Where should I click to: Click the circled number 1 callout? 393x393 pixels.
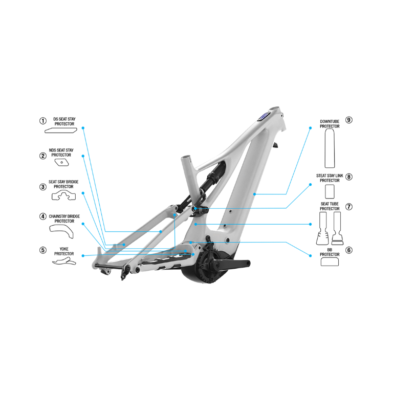tap(43, 121)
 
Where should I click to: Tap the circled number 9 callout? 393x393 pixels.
tap(349, 120)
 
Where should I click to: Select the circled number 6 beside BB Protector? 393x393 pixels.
tap(349, 250)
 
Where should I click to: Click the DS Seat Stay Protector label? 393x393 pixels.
tap(64, 121)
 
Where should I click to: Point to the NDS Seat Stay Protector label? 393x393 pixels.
tap(61, 152)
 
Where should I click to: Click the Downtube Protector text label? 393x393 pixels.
tap(330, 124)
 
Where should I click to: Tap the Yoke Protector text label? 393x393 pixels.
tap(64, 251)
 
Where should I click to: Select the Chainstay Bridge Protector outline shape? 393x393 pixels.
tap(61, 231)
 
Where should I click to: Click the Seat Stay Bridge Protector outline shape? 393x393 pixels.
tap(63, 195)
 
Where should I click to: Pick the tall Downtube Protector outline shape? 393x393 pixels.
tap(330, 148)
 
